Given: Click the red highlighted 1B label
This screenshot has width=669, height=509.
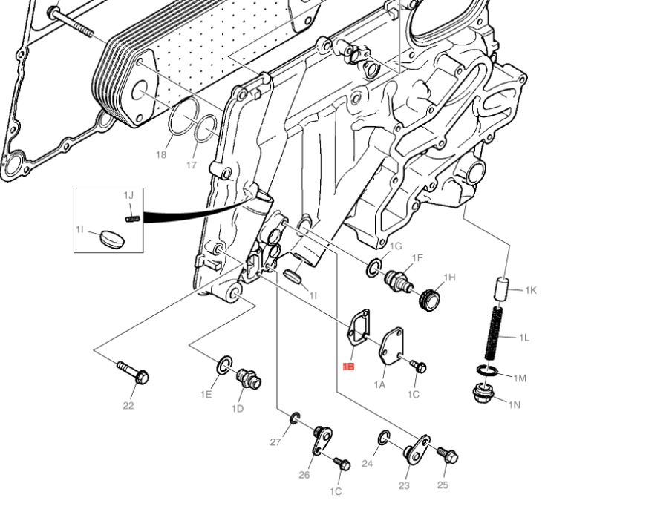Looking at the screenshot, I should (x=348, y=367).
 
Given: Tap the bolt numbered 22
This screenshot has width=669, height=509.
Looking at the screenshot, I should (x=133, y=372).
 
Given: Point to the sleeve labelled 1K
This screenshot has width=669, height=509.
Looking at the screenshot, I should (x=501, y=286).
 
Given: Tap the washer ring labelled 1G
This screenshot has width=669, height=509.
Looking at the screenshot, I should (x=373, y=268).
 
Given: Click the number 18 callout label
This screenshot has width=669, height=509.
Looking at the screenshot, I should (x=161, y=155).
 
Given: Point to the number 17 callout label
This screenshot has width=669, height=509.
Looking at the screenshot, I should (x=192, y=165).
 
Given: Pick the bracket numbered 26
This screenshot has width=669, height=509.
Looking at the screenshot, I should (x=321, y=440).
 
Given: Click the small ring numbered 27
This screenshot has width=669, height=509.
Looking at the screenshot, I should (x=295, y=418).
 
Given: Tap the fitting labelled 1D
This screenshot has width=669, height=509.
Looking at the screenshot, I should (x=248, y=378).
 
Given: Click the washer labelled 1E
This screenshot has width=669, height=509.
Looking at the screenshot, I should (x=224, y=364).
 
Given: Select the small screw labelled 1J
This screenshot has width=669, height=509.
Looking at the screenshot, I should (x=133, y=218).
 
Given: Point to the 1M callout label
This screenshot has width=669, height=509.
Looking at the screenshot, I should (x=519, y=378).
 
